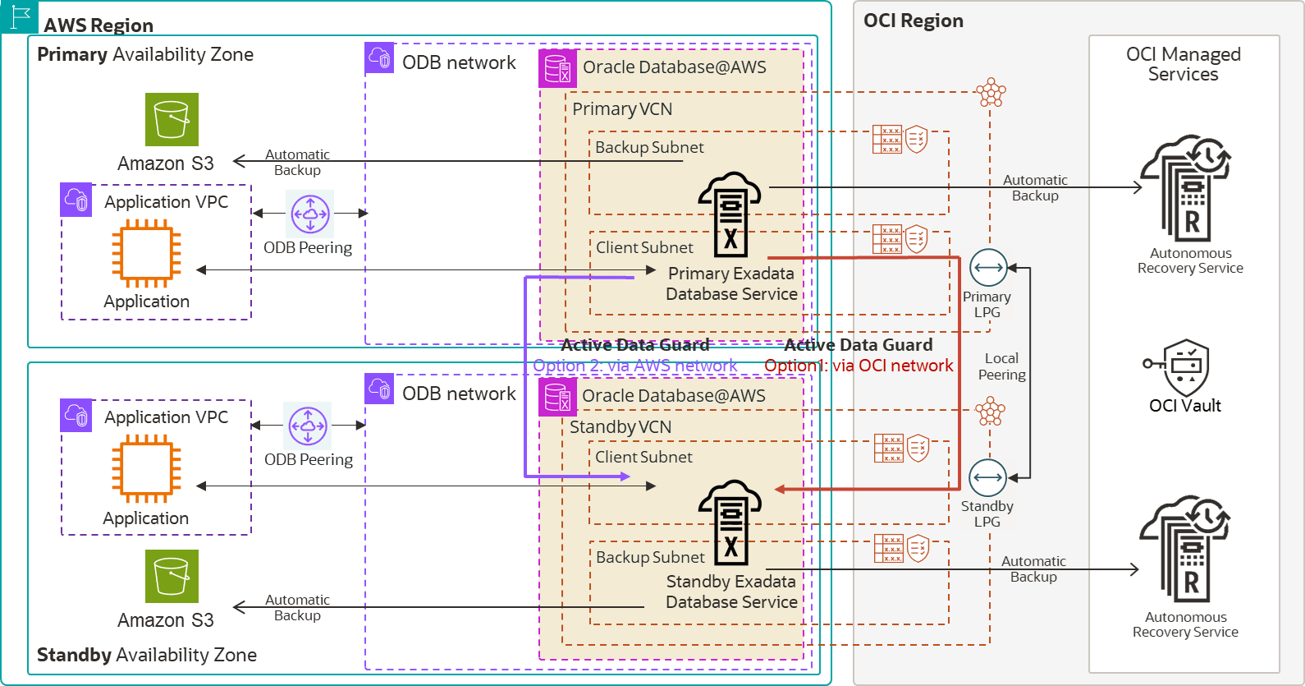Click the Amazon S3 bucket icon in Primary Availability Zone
pos(172,119)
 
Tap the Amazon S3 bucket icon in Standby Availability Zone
pos(172,576)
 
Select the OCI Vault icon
pos(1185,367)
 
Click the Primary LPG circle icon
pos(988,268)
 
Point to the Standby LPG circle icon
pos(987,477)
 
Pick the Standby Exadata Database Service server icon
pos(730,523)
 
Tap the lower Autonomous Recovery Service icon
pos(1185,549)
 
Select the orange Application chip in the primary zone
pos(147,252)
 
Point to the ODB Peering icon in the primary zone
pos(310,214)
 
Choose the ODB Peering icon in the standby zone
pos(308,426)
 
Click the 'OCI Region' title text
pos(913,21)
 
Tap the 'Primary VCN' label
pos(622,109)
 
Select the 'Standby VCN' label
pos(620,427)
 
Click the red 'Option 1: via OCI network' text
pos(859,366)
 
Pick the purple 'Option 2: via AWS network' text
pos(634,366)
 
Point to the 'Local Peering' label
pos(1001,366)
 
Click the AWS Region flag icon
pos(20,16)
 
